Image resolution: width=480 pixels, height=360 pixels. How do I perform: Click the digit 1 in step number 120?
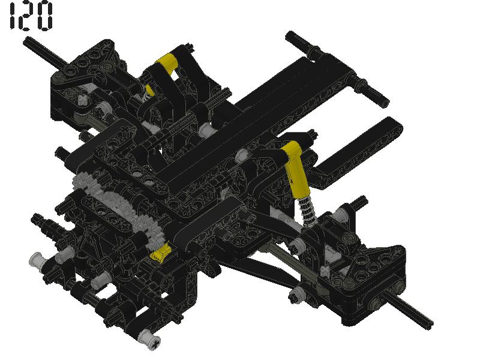tap(12, 16)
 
